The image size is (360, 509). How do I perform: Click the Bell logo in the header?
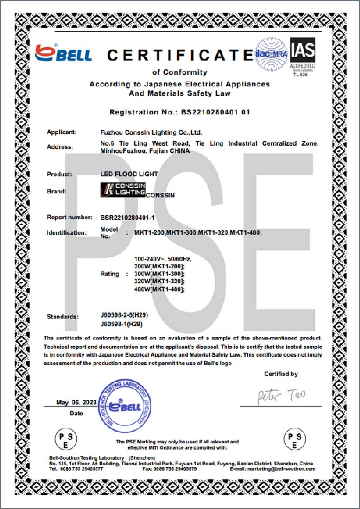63,54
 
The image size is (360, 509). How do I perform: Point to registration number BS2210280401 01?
215,112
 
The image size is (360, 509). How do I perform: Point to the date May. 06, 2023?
76,402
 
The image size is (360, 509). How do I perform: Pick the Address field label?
59,147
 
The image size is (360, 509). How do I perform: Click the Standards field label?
63,317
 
